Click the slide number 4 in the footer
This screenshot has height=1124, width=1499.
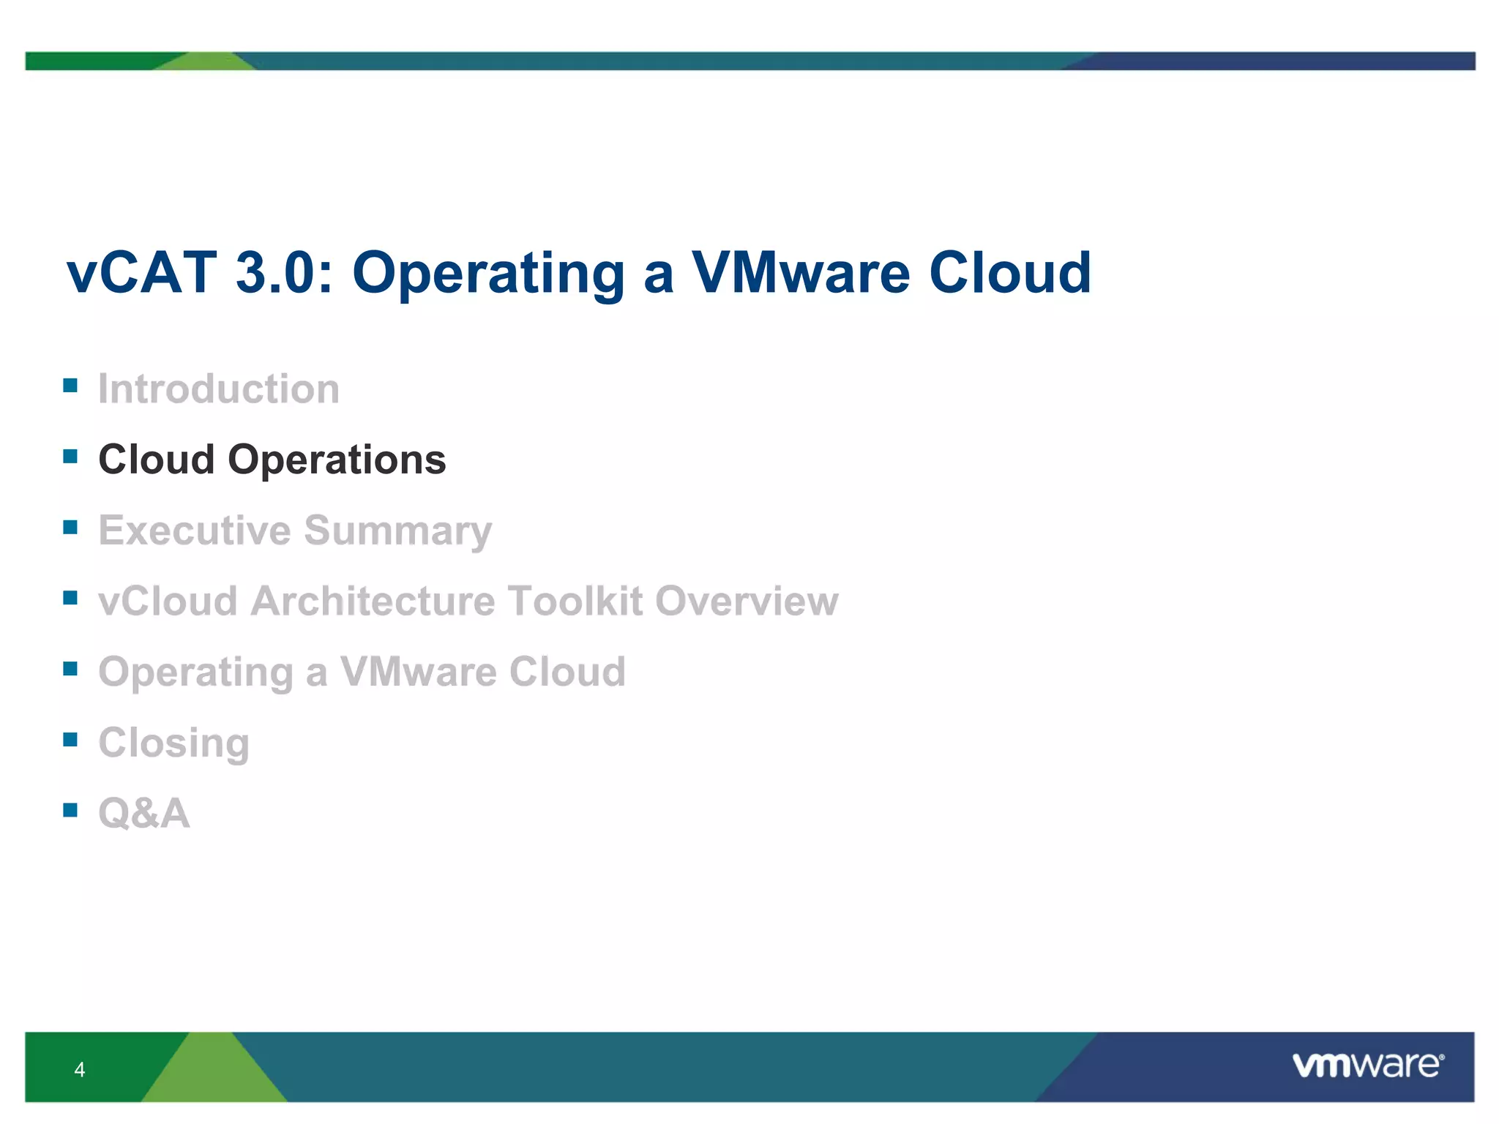point(80,1070)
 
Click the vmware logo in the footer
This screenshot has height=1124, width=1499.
point(1367,1065)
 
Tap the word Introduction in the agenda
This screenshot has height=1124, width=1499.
point(219,389)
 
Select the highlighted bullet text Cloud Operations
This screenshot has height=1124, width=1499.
point(272,460)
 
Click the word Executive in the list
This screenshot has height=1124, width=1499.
point(194,530)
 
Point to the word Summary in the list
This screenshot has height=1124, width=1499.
point(397,531)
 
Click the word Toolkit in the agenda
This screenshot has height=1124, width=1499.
point(575,601)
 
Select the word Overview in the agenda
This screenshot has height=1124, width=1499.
point(746,601)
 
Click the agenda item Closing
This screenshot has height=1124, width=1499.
point(174,743)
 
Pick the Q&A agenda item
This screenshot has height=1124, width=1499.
point(144,813)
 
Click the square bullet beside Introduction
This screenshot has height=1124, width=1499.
point(70,386)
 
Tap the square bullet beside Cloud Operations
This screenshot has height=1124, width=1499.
point(70,457)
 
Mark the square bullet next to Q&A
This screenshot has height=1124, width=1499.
point(70,810)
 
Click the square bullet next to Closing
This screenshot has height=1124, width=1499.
point(70,739)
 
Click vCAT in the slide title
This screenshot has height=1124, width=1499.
point(142,273)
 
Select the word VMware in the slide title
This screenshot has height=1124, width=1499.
point(801,273)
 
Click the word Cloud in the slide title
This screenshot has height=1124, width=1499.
point(1010,273)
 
